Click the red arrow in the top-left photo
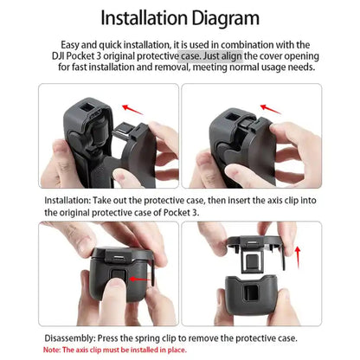(132, 109)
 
